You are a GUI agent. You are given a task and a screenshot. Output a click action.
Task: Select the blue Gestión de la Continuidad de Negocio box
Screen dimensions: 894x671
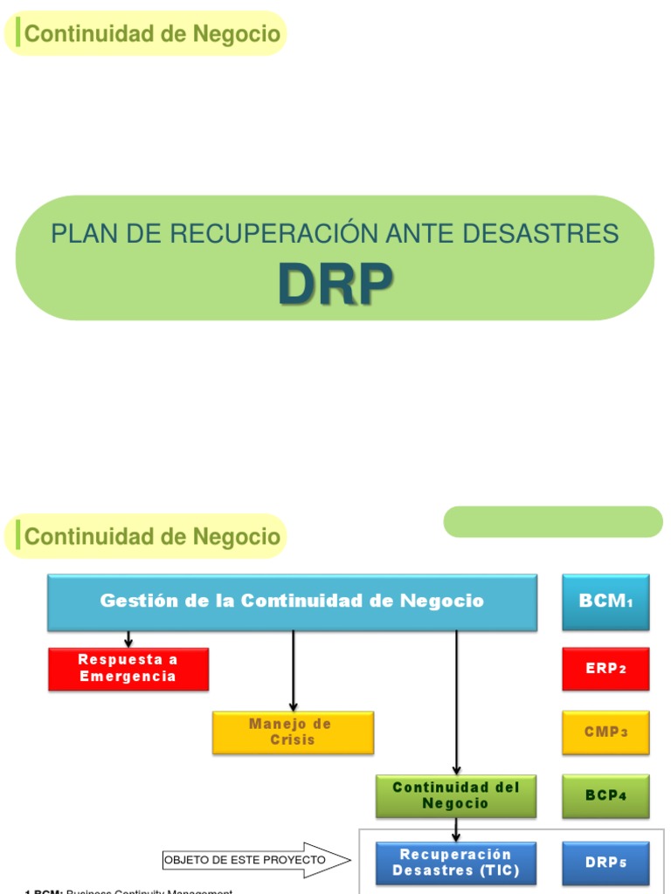292,602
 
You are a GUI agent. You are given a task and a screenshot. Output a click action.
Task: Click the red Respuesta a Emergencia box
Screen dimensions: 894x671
128,669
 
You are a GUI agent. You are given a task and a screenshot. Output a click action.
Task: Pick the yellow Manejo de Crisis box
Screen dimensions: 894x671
293,732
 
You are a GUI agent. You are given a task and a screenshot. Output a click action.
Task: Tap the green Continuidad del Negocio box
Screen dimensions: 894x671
456,795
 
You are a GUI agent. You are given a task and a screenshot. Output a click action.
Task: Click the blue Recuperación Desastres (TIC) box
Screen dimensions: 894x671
456,863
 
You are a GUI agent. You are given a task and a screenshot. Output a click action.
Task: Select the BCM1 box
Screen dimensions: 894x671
605,602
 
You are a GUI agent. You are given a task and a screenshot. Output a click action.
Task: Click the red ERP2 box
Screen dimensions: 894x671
605,669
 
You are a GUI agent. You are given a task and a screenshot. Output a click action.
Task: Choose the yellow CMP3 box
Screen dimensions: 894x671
605,732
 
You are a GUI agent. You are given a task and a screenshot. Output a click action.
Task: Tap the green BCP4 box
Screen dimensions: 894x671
605,795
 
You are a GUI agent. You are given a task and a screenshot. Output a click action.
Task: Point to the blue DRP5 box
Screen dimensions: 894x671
605,863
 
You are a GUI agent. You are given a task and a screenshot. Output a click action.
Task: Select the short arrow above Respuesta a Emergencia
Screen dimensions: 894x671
128,639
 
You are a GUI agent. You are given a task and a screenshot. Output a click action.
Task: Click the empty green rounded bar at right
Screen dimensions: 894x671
553,522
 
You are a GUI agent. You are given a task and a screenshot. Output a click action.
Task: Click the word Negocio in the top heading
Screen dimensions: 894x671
239,34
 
